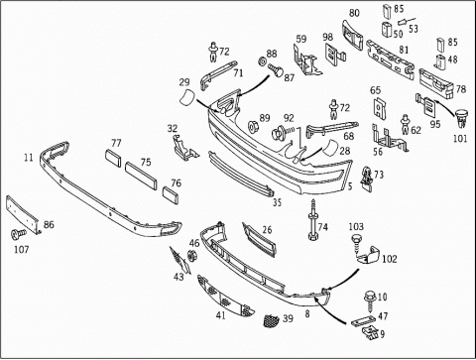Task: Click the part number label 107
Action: tap(21, 249)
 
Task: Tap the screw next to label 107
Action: tap(18, 234)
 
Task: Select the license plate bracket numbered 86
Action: tap(23, 214)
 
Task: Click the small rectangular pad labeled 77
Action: tap(113, 159)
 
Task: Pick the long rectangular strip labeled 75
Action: tap(141, 176)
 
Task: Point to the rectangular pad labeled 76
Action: tap(171, 195)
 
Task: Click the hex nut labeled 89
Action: tap(254, 126)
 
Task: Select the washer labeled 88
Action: tap(263, 61)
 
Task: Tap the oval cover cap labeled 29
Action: tap(186, 97)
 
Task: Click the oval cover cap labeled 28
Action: tap(330, 148)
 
